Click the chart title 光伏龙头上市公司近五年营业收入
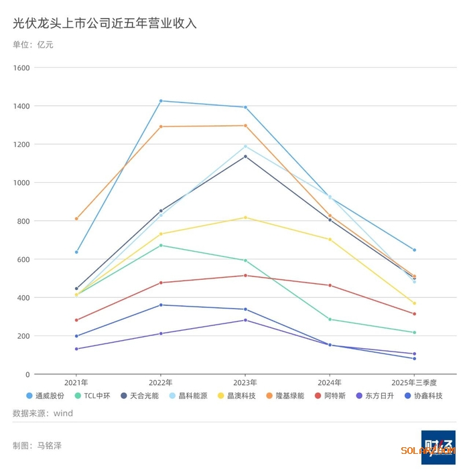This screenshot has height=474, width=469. [105, 24]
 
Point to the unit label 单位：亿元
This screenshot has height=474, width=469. [33, 45]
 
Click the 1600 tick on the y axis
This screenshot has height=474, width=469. [21, 68]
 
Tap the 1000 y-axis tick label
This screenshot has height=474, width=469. [21, 183]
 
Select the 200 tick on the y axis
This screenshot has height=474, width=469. [23, 336]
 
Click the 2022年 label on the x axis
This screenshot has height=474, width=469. [160, 383]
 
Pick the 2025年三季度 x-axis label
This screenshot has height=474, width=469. [414, 383]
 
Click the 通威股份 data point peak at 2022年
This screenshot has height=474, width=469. [161, 101]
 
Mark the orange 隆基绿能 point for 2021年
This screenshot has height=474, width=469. [76, 219]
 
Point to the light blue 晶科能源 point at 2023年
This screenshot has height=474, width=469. [245, 147]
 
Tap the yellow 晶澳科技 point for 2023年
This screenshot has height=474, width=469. [245, 218]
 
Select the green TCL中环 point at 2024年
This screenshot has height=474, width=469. [330, 319]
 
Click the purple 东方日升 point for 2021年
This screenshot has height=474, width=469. [76, 349]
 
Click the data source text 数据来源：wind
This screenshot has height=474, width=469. [43, 414]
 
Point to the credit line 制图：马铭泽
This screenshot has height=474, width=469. [37, 445]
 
